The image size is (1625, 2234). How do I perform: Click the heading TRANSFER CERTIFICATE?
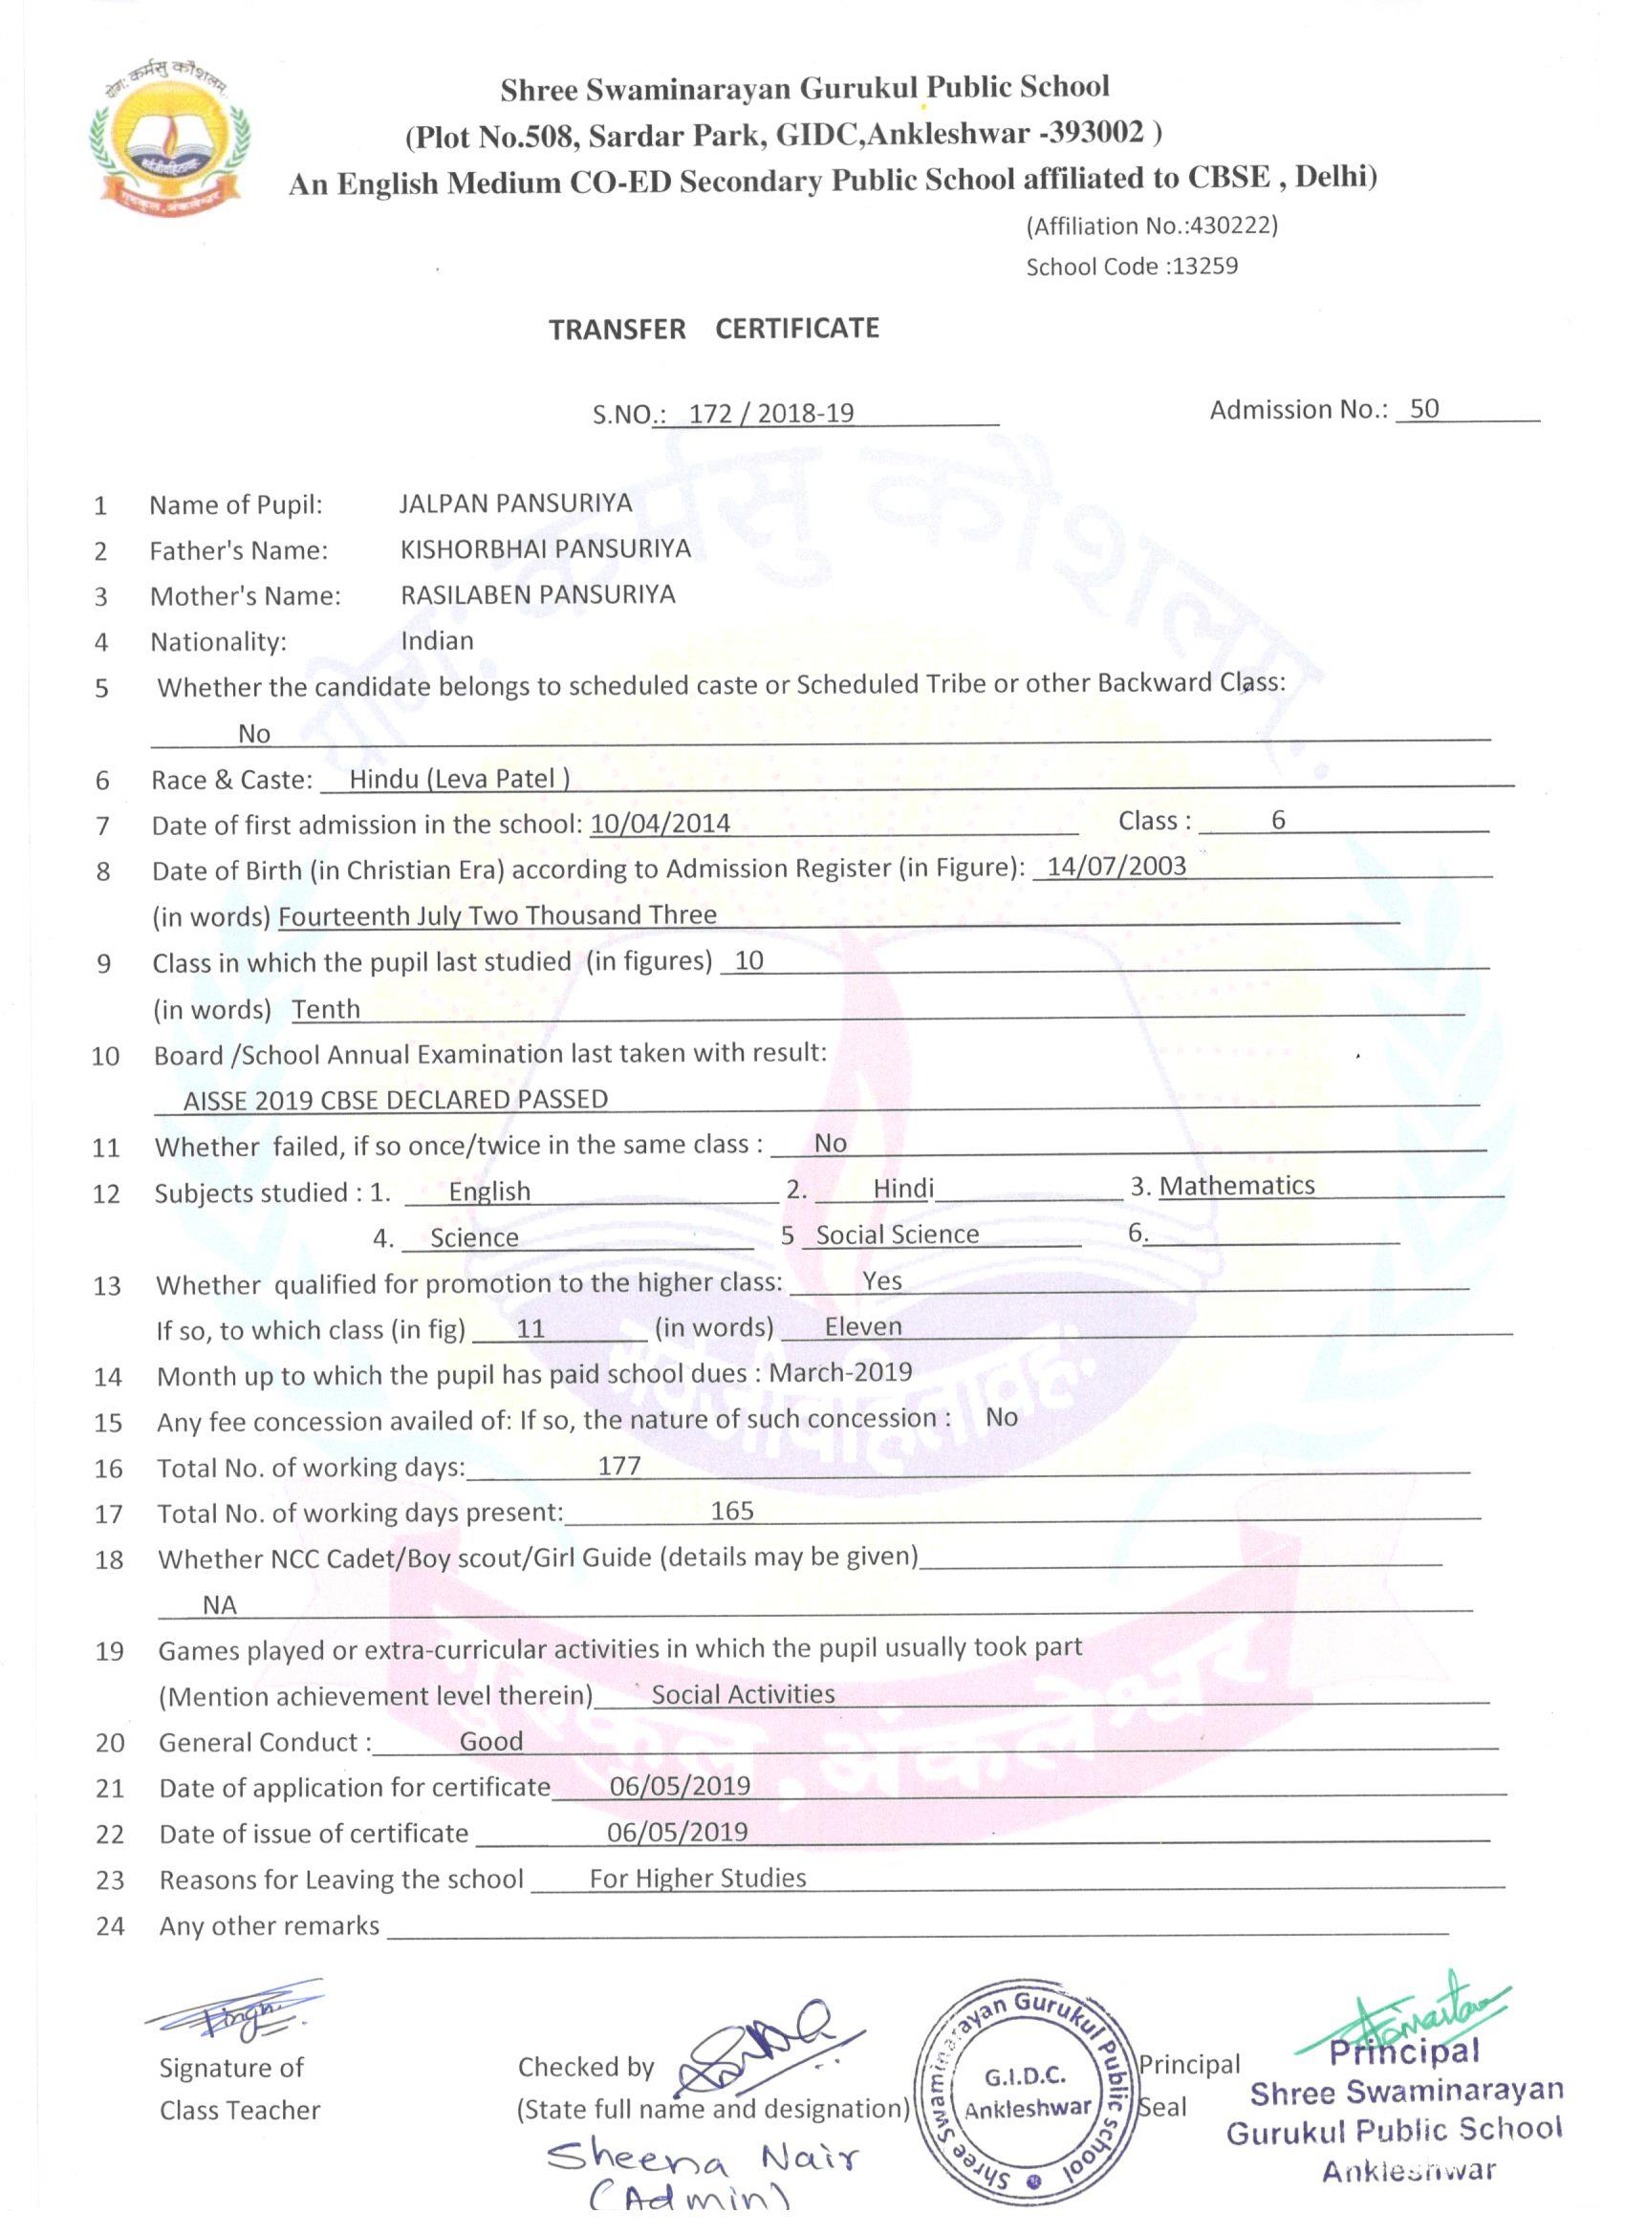pos(713,329)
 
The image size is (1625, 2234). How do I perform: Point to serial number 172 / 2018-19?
pos(770,413)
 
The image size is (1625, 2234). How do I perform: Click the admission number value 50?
pos(1424,409)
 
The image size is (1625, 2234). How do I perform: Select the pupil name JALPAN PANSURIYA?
pos(515,504)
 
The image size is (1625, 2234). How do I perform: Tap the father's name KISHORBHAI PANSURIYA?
pos(545,548)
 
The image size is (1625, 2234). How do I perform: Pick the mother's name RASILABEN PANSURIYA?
pos(538,595)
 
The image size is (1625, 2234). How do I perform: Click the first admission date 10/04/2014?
pos(661,824)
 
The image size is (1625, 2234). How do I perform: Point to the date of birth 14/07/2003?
pos(1116,867)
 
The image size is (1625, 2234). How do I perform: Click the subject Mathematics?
pos(1237,1186)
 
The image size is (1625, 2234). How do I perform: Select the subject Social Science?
pos(897,1235)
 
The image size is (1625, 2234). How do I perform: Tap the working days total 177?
pos(618,1467)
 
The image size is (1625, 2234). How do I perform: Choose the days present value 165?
pos(732,1511)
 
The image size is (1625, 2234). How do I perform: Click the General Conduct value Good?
pos(490,1742)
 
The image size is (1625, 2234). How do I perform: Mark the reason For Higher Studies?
pos(698,1879)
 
